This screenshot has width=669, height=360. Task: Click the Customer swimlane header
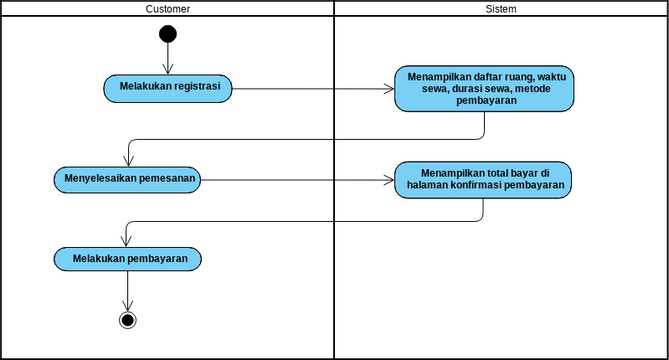[167, 8]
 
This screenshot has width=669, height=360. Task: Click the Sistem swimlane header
[500, 8]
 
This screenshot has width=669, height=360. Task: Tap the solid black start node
[167, 34]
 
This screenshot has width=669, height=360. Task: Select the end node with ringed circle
[127, 320]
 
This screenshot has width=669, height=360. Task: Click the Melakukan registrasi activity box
[167, 88]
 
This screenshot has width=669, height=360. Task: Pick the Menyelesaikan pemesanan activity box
[127, 180]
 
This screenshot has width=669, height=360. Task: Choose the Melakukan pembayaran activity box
[127, 258]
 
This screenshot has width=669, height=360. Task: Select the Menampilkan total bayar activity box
[484, 178]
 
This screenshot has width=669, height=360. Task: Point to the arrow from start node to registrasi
[167, 58]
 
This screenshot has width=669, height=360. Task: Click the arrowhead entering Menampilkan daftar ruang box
[389, 88]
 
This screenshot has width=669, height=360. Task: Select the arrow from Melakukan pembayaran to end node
[127, 290]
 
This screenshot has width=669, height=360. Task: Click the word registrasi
[201, 87]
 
